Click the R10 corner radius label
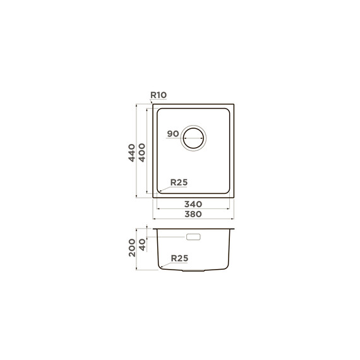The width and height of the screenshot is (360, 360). [x=159, y=95]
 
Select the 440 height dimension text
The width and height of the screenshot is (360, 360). [x=131, y=153]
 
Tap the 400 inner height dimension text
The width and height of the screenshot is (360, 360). [x=142, y=153]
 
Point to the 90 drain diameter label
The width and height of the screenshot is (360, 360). [x=173, y=134]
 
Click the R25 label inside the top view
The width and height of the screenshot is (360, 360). [x=179, y=183]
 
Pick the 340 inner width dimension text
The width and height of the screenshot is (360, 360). [x=193, y=204]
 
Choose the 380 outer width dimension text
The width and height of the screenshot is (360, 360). [x=193, y=214]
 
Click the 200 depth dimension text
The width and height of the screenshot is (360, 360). [x=132, y=248]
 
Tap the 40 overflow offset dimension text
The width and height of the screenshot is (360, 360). [x=142, y=245]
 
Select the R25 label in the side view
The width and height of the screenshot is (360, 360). [x=179, y=258]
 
